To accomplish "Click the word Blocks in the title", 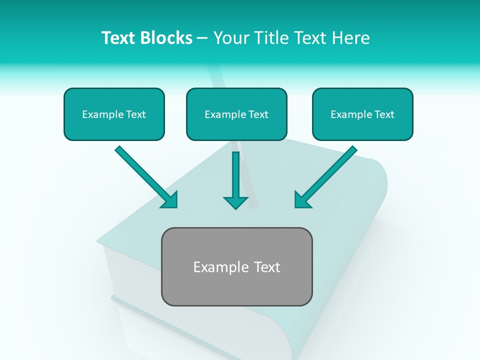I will click(167, 38).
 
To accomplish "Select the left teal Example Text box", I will click(114, 114).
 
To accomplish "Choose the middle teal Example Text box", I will click(236, 114).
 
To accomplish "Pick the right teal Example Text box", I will click(362, 114).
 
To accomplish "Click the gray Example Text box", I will click(236, 266).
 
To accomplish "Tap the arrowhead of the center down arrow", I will click(235, 202).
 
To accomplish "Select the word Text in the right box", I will click(384, 114).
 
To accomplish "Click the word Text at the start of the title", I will click(119, 38).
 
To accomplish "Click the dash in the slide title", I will click(202, 38).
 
